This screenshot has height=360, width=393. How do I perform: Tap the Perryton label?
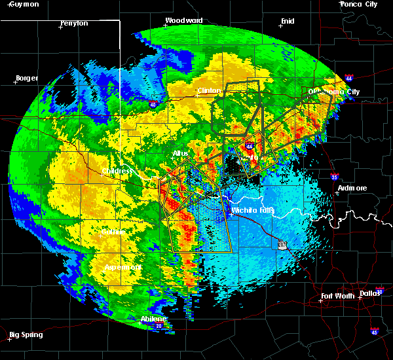[73, 24]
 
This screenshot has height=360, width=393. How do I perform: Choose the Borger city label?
[27, 78]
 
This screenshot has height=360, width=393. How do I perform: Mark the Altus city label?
[180, 153]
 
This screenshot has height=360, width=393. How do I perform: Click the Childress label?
[117, 171]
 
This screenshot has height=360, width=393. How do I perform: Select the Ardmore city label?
[352, 188]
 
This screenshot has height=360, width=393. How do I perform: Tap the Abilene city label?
[153, 319]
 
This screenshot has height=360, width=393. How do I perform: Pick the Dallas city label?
[370, 293]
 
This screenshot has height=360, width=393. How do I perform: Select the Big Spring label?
[28, 334]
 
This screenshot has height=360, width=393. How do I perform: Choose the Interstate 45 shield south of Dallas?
[375, 331]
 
